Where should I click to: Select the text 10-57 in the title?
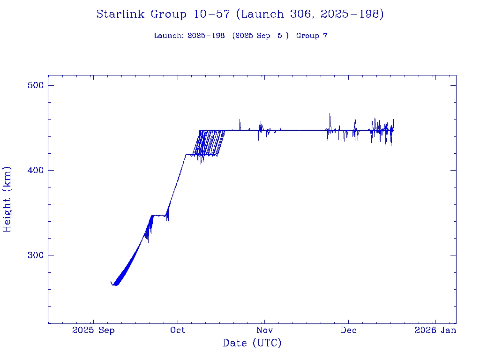coord(211,14)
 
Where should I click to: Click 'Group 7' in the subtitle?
coord(312,36)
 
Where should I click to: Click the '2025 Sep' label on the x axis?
coord(94,330)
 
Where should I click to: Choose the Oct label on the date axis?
coord(178,330)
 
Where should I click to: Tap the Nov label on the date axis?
coord(264,330)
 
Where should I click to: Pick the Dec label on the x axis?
coord(348,330)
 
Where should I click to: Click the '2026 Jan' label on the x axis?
coord(435,330)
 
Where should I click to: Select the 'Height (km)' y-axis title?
coord(7,199)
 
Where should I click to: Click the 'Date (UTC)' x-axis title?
coord(252,343)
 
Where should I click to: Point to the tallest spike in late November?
coord(330,114)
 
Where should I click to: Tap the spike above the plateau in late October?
coord(240,120)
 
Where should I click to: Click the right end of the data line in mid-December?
coord(394,128)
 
